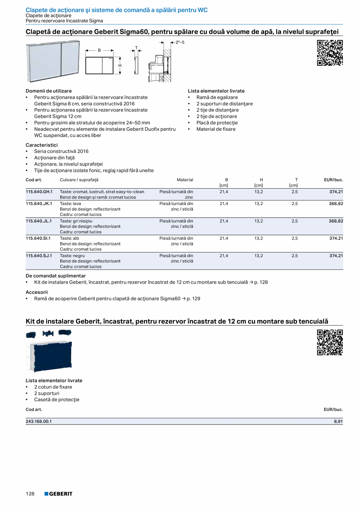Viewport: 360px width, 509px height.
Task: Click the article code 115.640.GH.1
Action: pyautogui.click(x=39, y=192)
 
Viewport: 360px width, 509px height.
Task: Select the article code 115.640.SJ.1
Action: pyautogui.click(x=38, y=255)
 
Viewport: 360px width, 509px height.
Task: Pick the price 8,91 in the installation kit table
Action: pyautogui.click(x=338, y=421)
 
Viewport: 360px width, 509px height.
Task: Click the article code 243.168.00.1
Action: pyautogui.click(x=39, y=421)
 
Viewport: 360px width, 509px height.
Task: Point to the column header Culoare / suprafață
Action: pyautogui.click(x=79, y=180)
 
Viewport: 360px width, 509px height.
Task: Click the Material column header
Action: pyautogui.click(x=185, y=180)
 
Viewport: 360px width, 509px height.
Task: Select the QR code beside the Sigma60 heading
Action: pyautogui.click(x=330, y=53)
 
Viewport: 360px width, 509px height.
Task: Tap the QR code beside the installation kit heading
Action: pyautogui.click(x=330, y=342)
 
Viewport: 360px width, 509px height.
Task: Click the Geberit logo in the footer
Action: pyautogui.click(x=58, y=494)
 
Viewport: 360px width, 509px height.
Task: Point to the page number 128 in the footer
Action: pyautogui.click(x=30, y=494)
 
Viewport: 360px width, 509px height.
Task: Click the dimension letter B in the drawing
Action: pyautogui.click(x=99, y=50)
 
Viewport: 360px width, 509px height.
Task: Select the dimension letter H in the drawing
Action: pyautogui.click(x=120, y=65)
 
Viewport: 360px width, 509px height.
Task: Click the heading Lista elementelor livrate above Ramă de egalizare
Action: pyautogui.click(x=216, y=91)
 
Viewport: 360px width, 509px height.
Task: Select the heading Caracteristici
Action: pyautogui.click(x=41, y=145)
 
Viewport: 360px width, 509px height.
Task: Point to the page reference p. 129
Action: pyautogui.click(x=193, y=299)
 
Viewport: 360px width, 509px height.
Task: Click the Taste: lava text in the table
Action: pyautogui.click(x=70, y=203)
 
